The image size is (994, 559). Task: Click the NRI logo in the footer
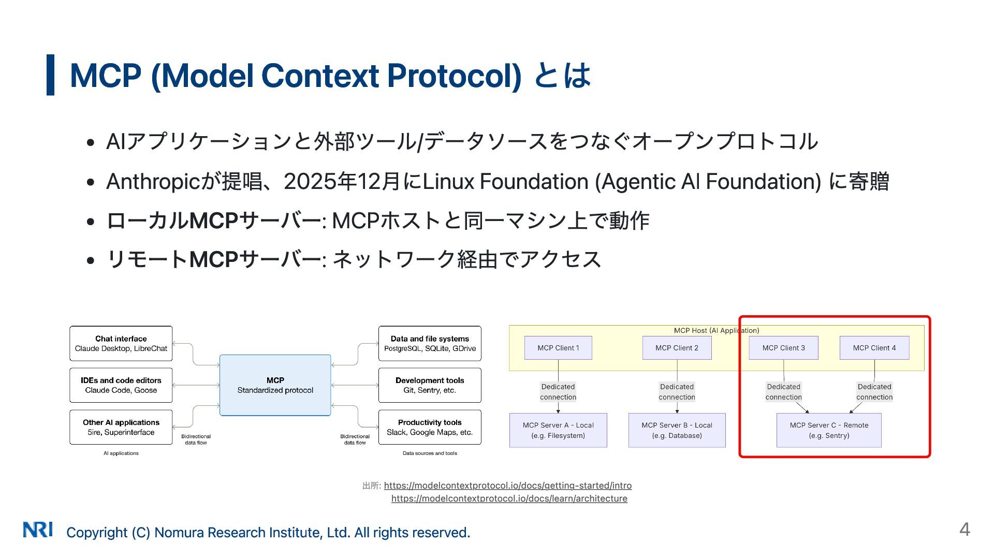[x=38, y=529]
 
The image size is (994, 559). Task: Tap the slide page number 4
[x=964, y=529]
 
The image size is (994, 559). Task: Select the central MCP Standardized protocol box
[x=275, y=385]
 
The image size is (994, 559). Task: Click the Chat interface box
[x=121, y=343]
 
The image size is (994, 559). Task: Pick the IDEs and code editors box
[x=121, y=385]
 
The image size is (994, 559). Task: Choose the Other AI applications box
[x=121, y=427]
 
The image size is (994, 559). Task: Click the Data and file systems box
[x=430, y=343]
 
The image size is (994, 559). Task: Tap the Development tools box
[x=430, y=385]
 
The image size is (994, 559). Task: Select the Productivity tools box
[x=430, y=427]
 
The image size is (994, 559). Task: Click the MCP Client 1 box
[x=558, y=348]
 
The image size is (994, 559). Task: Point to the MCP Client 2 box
[x=677, y=348]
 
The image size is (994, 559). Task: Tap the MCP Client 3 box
[x=783, y=348]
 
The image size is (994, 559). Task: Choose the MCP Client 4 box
[x=874, y=348]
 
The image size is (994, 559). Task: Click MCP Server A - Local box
[x=558, y=430]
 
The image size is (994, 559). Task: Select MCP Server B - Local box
[x=677, y=430]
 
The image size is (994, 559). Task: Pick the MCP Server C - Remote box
[x=829, y=430]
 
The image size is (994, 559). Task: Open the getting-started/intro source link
[x=507, y=486]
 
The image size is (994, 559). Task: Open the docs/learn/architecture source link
[x=509, y=498]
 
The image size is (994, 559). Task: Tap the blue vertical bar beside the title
[x=50, y=75]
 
